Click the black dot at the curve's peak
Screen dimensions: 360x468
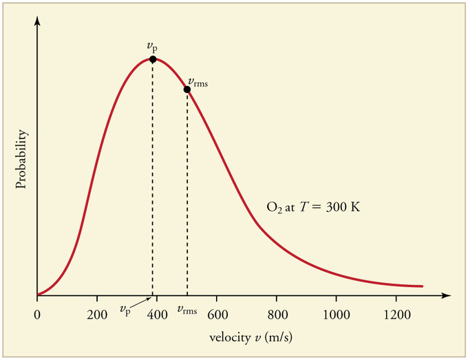tap(152, 59)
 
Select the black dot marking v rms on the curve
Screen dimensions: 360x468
tap(187, 89)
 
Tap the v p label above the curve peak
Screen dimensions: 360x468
tap(151, 46)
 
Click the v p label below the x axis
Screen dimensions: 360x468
tap(125, 311)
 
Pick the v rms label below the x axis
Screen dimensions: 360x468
tap(187, 311)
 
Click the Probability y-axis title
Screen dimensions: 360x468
tap(21, 159)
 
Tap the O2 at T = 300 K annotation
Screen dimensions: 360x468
tap(313, 206)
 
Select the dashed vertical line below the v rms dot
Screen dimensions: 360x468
tap(187, 193)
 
